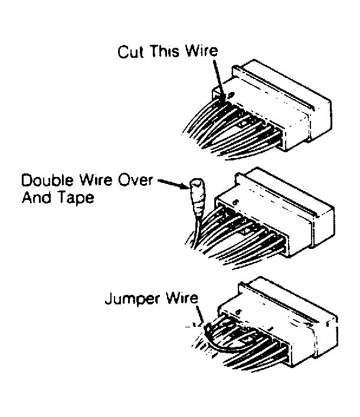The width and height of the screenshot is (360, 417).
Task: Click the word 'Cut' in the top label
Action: point(131,51)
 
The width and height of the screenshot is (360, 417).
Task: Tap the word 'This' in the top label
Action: point(164,51)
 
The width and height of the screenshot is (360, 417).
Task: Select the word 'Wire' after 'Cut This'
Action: point(201,51)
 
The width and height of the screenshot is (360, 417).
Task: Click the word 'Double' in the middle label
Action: point(47,180)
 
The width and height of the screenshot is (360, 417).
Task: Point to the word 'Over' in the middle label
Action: point(135,180)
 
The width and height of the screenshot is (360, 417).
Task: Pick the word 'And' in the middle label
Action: point(35,198)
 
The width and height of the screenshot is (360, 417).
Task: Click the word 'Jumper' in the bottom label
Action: point(133,300)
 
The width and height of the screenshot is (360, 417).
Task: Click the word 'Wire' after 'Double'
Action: point(96,180)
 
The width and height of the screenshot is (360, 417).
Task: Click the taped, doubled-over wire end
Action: point(198,197)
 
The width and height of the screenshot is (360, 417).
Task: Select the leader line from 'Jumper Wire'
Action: point(200,314)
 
